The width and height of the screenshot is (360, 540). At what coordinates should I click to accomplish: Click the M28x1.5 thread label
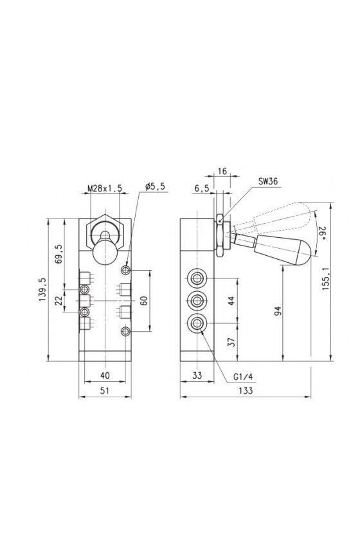click(105, 188)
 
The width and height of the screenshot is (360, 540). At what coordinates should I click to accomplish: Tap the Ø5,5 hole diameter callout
click(155, 186)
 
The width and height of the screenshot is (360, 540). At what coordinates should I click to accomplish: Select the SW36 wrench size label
click(268, 181)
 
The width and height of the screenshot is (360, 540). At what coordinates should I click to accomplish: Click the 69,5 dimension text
click(59, 254)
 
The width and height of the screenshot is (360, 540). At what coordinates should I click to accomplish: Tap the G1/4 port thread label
click(243, 377)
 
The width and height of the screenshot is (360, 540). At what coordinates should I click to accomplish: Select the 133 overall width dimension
click(246, 391)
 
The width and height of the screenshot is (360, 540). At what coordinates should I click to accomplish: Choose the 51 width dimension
click(105, 391)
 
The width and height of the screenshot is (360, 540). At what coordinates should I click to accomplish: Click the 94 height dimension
click(278, 310)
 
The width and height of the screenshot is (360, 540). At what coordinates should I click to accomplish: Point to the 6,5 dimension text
click(201, 188)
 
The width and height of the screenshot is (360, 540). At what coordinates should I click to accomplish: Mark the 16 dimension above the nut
click(222, 171)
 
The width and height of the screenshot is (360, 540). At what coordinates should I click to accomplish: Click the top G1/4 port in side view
click(197, 278)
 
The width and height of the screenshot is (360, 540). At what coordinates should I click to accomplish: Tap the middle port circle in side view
click(197, 301)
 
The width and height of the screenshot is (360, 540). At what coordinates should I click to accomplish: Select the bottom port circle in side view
click(197, 323)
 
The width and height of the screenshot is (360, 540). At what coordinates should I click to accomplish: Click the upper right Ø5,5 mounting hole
click(126, 270)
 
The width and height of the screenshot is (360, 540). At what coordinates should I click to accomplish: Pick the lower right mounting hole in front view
click(126, 332)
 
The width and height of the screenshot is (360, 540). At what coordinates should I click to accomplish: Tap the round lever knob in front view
click(105, 253)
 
